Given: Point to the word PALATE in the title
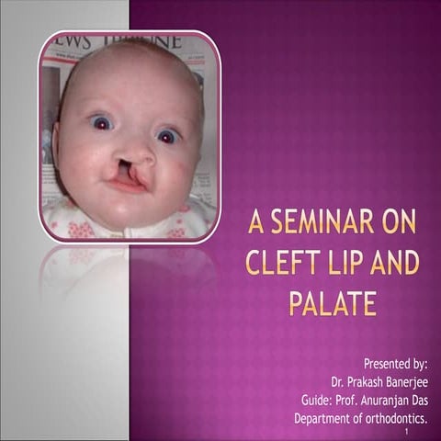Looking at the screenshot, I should pyautogui.click(x=333, y=303).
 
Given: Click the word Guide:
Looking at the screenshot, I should pyautogui.click(x=318, y=401).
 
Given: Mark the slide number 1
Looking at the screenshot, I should pyautogui.click(x=405, y=432).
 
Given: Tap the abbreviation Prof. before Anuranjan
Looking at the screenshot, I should pyautogui.click(x=350, y=401).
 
